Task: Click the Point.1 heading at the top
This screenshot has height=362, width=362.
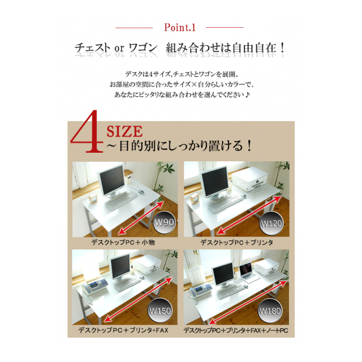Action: pos(179,27)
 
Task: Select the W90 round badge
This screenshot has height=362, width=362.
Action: pos(164,222)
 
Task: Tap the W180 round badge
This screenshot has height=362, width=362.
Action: pos(269,311)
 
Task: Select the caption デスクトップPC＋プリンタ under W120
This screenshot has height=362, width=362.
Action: pos(237,242)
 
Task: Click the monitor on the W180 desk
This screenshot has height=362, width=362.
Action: pos(223,274)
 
